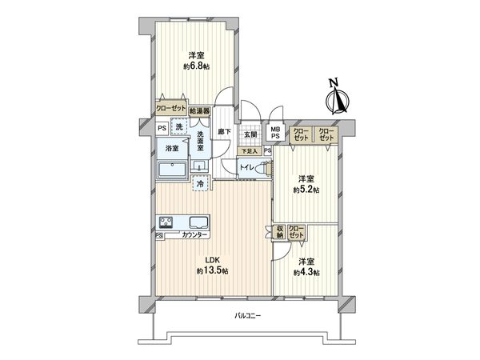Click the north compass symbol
click(x=338, y=99)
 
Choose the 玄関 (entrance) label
click(x=250, y=134)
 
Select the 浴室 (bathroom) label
click(x=172, y=149)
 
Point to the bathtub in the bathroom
click(x=172, y=170)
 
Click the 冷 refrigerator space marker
click(x=201, y=184)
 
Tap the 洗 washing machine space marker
click(x=180, y=128)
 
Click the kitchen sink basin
click(x=197, y=222)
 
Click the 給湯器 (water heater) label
click(x=199, y=111)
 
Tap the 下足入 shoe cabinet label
click(x=250, y=150)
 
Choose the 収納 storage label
click(x=279, y=232)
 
